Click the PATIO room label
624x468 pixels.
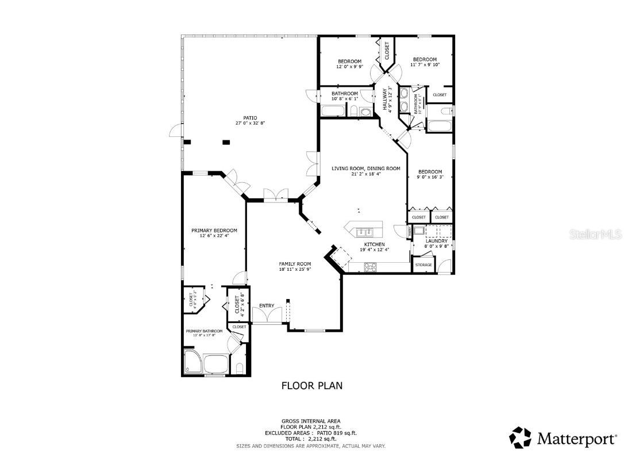pos(246,117)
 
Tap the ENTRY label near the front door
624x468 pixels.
pos(267,305)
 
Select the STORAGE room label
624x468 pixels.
pos(423,265)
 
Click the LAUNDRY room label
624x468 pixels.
pos(436,241)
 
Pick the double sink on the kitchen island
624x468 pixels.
pos(364,232)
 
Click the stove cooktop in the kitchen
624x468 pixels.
pos(371,266)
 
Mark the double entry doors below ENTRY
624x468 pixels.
pos(267,317)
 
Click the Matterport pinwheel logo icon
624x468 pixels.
pos(520,438)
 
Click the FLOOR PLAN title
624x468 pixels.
pos(311,386)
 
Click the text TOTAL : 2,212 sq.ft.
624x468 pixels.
pos(311,439)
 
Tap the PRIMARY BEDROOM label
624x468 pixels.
pos(214,231)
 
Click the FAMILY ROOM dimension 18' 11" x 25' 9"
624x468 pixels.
pos(295,269)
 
